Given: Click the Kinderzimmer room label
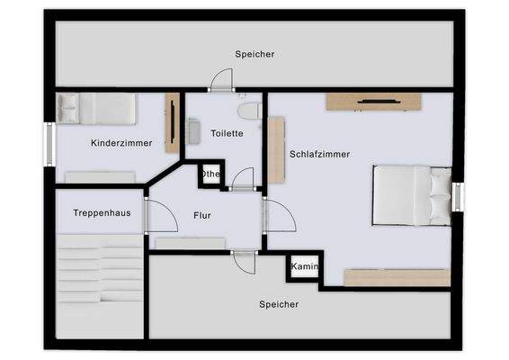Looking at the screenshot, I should click(121, 143).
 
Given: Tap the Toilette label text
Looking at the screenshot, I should click(227, 133).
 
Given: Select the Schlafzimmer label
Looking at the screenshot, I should click(319, 154).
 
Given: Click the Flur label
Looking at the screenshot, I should click(202, 216).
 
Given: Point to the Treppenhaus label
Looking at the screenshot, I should click(98, 212).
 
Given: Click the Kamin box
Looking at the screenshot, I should click(303, 268).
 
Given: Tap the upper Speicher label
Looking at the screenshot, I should click(254, 54).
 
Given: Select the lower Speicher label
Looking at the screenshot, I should click(279, 304).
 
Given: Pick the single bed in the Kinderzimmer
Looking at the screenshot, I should click(96, 109).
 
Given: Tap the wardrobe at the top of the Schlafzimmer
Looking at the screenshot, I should click(373, 101).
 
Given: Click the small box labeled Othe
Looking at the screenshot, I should click(210, 174).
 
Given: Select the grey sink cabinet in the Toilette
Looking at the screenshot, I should click(194, 131).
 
